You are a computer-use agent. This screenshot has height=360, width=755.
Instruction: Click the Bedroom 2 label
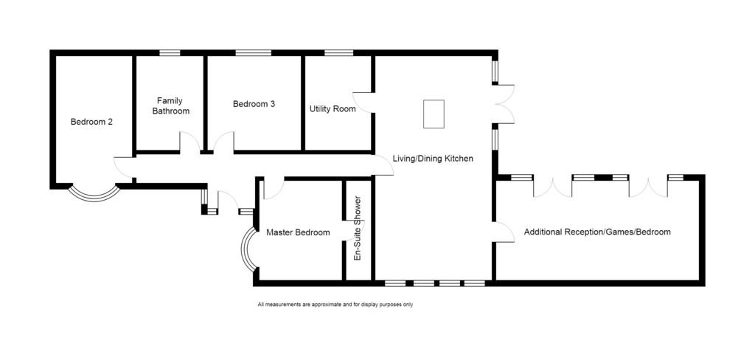(91, 122)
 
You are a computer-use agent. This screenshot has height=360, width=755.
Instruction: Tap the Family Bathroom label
(171, 106)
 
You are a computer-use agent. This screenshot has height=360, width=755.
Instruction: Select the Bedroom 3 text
(254, 103)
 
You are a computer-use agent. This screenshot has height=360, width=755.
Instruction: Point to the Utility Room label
(333, 109)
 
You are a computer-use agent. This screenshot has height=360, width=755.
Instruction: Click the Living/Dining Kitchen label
(434, 159)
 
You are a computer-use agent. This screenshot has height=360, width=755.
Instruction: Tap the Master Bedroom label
(298, 232)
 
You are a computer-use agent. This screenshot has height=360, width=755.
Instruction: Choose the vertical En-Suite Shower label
(358, 229)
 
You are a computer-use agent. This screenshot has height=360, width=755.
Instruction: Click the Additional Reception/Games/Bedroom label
(597, 232)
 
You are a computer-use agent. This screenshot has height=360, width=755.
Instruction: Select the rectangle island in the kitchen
(434, 114)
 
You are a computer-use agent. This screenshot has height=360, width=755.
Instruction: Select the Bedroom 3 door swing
(224, 142)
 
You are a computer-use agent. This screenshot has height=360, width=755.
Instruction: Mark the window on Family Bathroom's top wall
(170, 53)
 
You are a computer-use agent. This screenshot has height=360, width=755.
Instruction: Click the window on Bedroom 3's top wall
(254, 53)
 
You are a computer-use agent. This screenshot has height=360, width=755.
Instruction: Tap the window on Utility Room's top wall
(339, 53)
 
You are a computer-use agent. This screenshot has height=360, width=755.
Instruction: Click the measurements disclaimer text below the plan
(335, 305)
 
